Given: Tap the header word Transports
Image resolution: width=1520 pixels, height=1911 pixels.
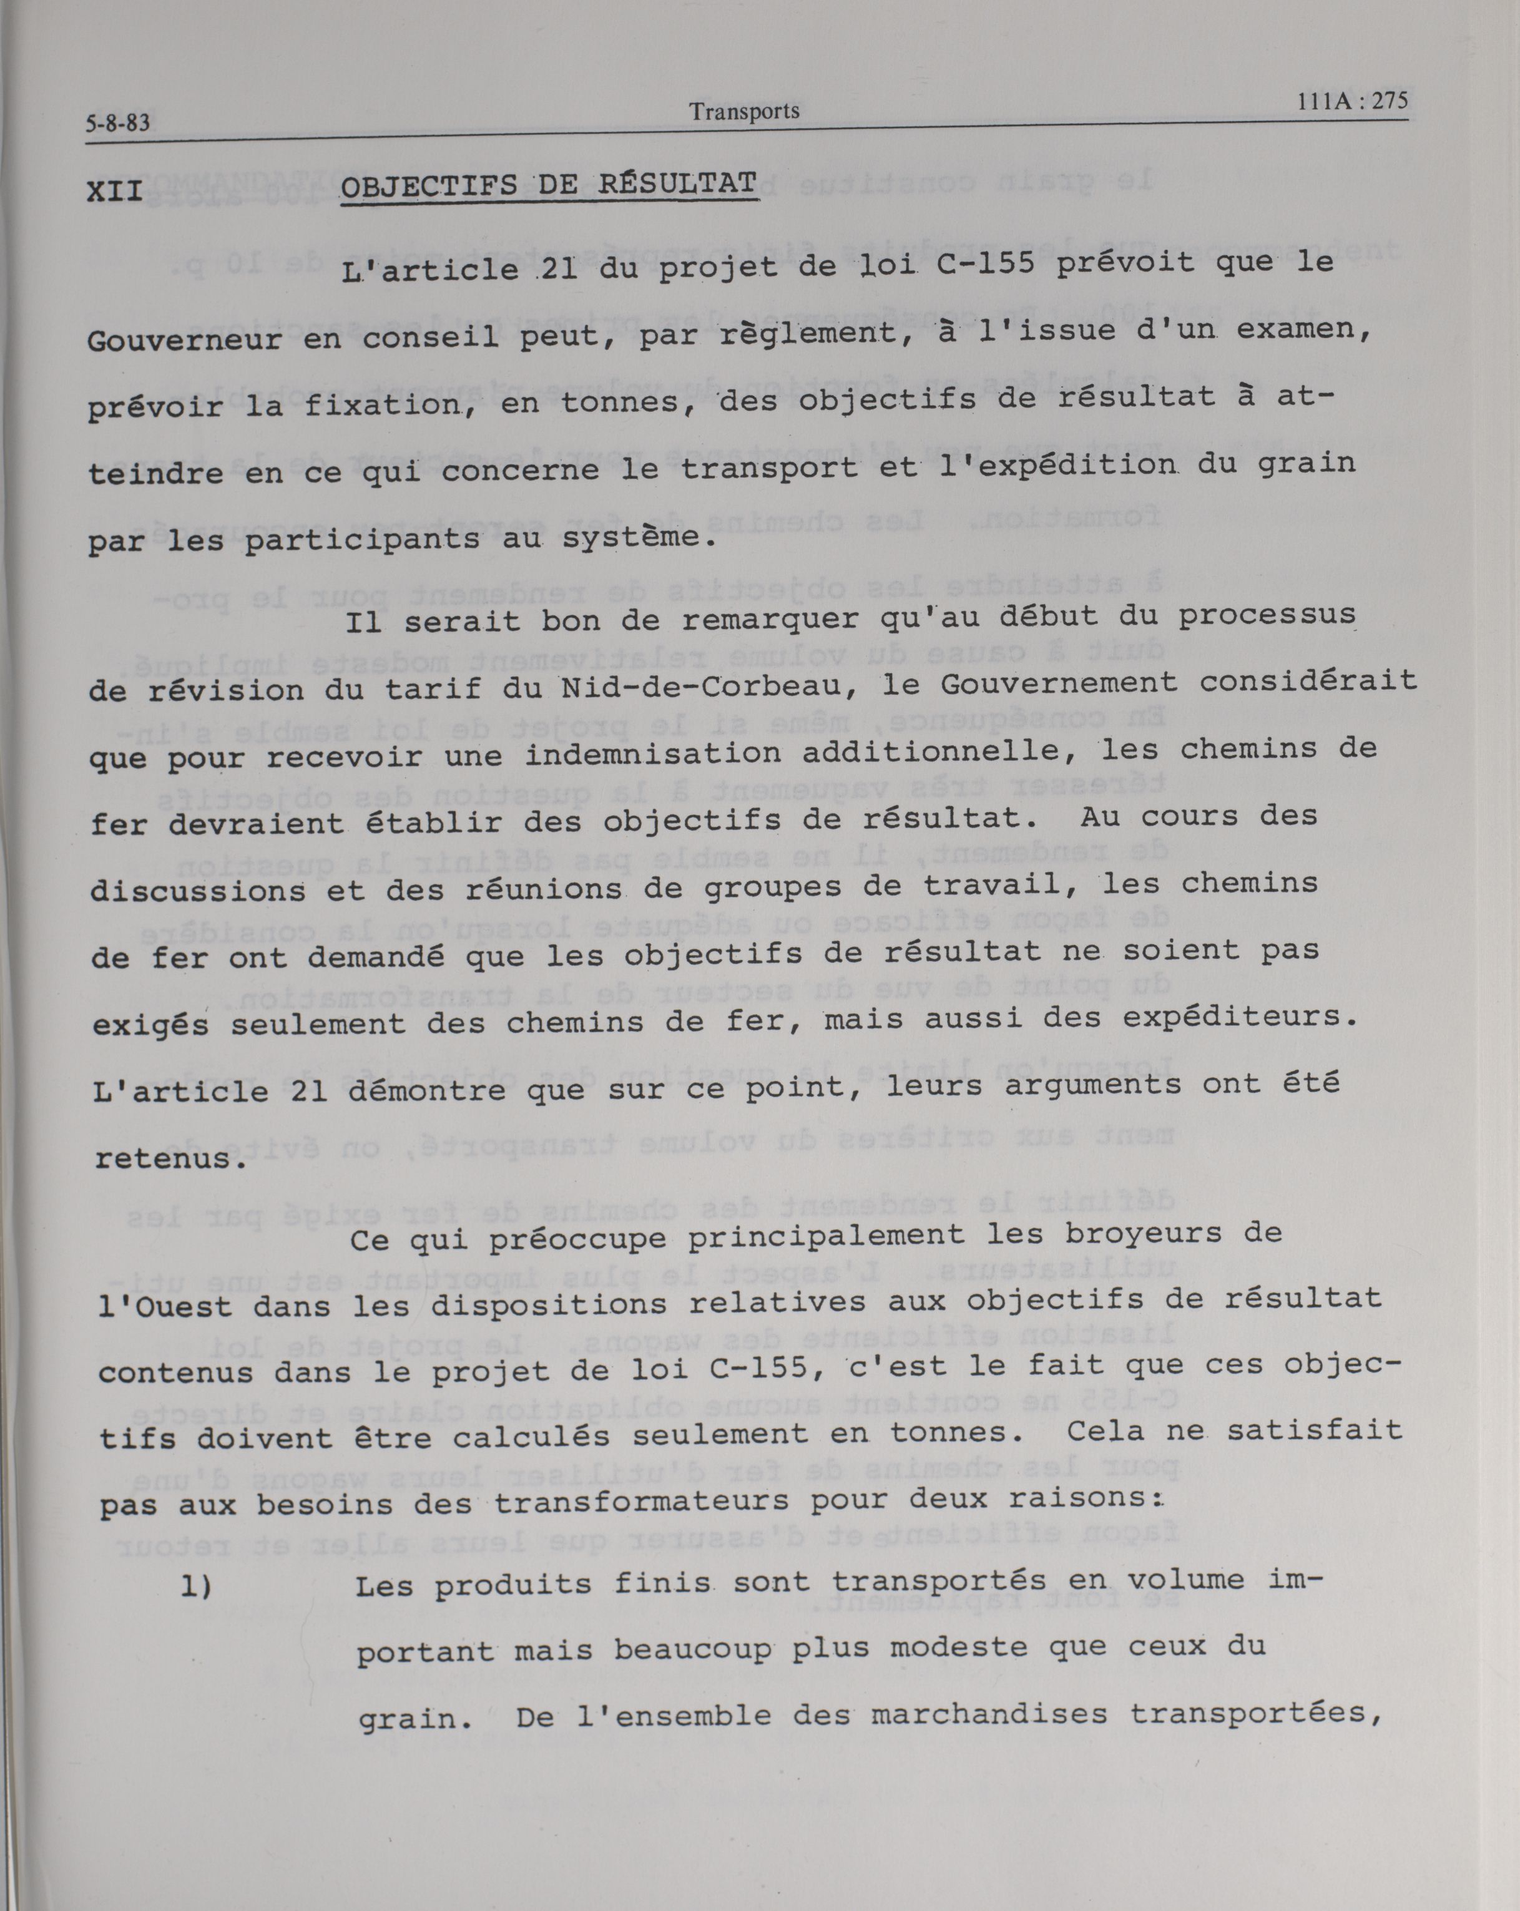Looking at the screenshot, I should tap(745, 111).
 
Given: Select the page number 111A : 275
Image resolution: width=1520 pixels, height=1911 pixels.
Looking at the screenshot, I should tap(1351, 101).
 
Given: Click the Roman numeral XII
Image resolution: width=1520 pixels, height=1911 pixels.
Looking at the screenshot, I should tap(115, 192).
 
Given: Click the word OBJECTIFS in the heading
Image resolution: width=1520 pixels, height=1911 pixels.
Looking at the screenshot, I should tap(429, 188).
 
